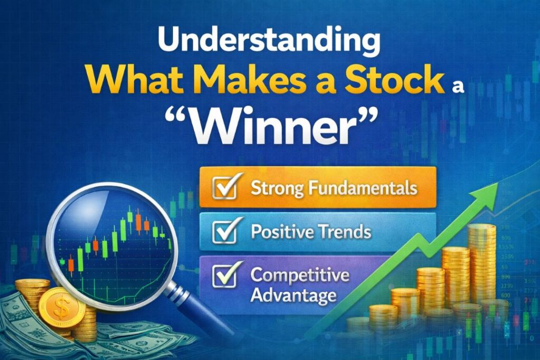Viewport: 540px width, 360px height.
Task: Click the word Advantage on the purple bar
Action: [x=294, y=295]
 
